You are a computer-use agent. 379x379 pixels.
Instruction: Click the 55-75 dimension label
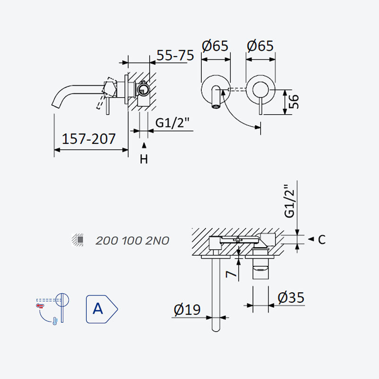tap(175, 55)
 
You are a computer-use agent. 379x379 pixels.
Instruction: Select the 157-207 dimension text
tap(89, 139)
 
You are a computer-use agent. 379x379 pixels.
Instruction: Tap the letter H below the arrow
tap(144, 159)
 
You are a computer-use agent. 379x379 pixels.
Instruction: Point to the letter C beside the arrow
tap(322, 240)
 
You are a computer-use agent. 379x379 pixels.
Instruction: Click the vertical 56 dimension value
tap(294, 101)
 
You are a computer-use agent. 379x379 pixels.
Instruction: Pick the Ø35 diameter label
tap(291, 298)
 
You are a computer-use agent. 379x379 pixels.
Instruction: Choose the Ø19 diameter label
tap(187, 310)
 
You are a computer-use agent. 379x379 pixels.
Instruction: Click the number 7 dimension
tap(231, 274)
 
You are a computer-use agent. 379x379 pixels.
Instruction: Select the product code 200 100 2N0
tap(132, 241)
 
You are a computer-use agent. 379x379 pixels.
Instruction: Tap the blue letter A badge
tap(101, 309)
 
